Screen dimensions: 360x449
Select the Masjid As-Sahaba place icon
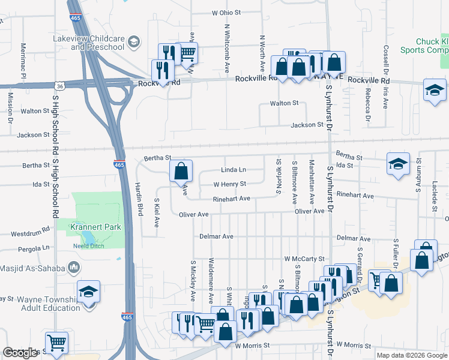[73, 267]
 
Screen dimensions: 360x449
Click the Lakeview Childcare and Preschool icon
[134, 43]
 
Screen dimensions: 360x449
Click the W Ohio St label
[226, 12]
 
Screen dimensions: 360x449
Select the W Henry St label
[231, 184]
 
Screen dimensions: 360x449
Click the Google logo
[20, 353]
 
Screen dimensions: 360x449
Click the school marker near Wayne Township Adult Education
[89, 292]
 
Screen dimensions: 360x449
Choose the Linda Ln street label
[234, 170]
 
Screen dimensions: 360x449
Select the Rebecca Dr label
[367, 100]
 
